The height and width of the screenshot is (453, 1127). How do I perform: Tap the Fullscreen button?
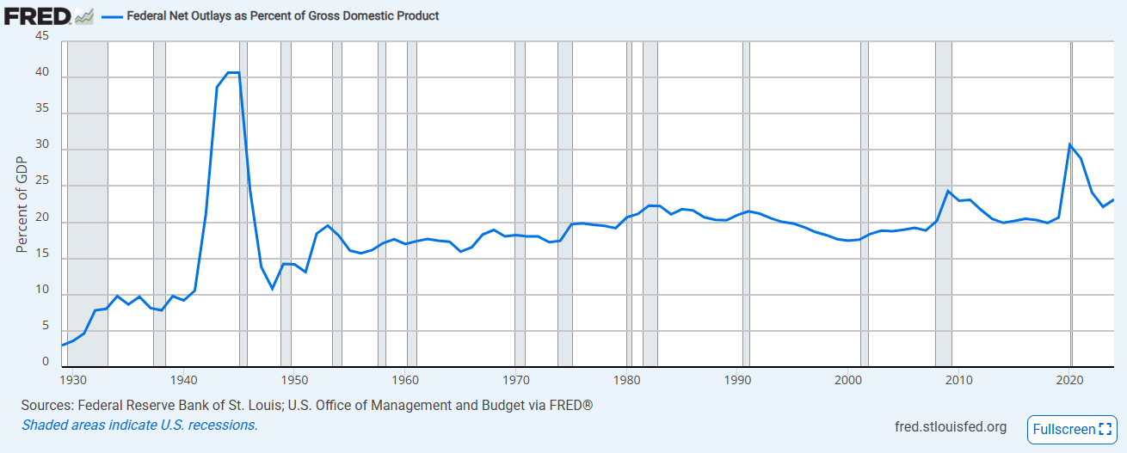click(x=1070, y=429)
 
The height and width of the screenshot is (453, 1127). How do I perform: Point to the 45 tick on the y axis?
click(x=42, y=37)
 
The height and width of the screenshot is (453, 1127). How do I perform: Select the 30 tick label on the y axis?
click(x=42, y=149)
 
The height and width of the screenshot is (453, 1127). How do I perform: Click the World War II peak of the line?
click(x=232, y=73)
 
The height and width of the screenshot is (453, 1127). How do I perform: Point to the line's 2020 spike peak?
click(x=1069, y=144)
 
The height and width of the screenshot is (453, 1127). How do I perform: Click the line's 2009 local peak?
click(x=947, y=191)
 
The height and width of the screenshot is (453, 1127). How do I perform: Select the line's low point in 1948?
click(x=272, y=288)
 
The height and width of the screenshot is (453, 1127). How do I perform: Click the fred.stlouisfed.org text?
click(x=951, y=427)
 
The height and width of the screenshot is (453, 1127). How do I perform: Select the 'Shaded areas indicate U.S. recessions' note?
click(x=139, y=425)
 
